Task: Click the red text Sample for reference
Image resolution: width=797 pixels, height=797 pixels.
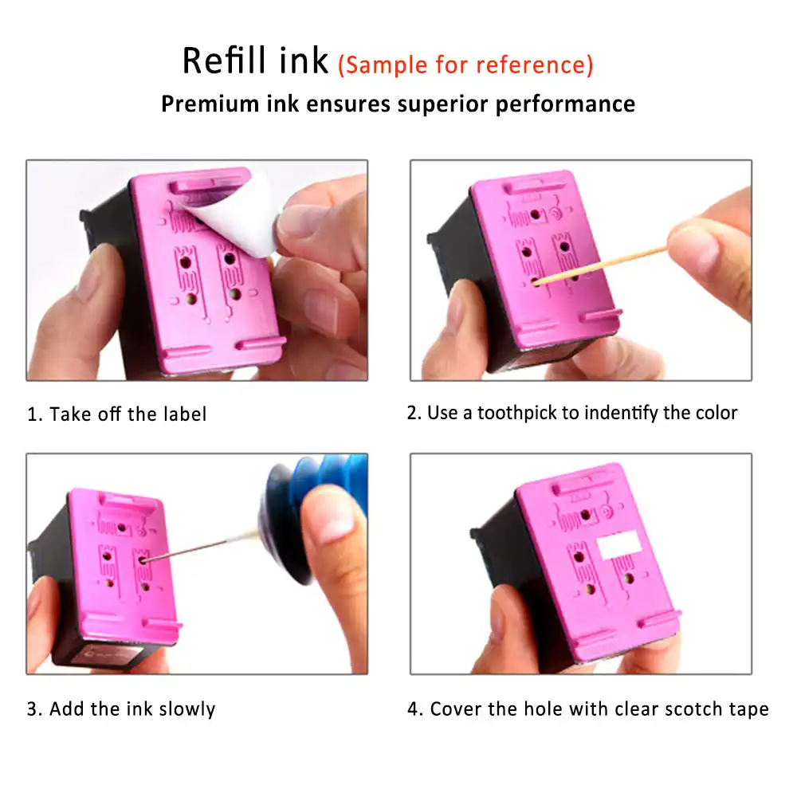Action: [x=465, y=65]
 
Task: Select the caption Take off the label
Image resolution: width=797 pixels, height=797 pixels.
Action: [x=128, y=414]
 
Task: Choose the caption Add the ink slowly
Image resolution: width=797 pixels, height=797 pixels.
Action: [x=132, y=709]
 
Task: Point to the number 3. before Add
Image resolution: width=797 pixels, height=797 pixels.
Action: [x=35, y=709]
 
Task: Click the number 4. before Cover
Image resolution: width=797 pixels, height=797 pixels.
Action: [x=415, y=709]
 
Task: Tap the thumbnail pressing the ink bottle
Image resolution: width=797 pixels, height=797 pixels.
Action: [x=331, y=518]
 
